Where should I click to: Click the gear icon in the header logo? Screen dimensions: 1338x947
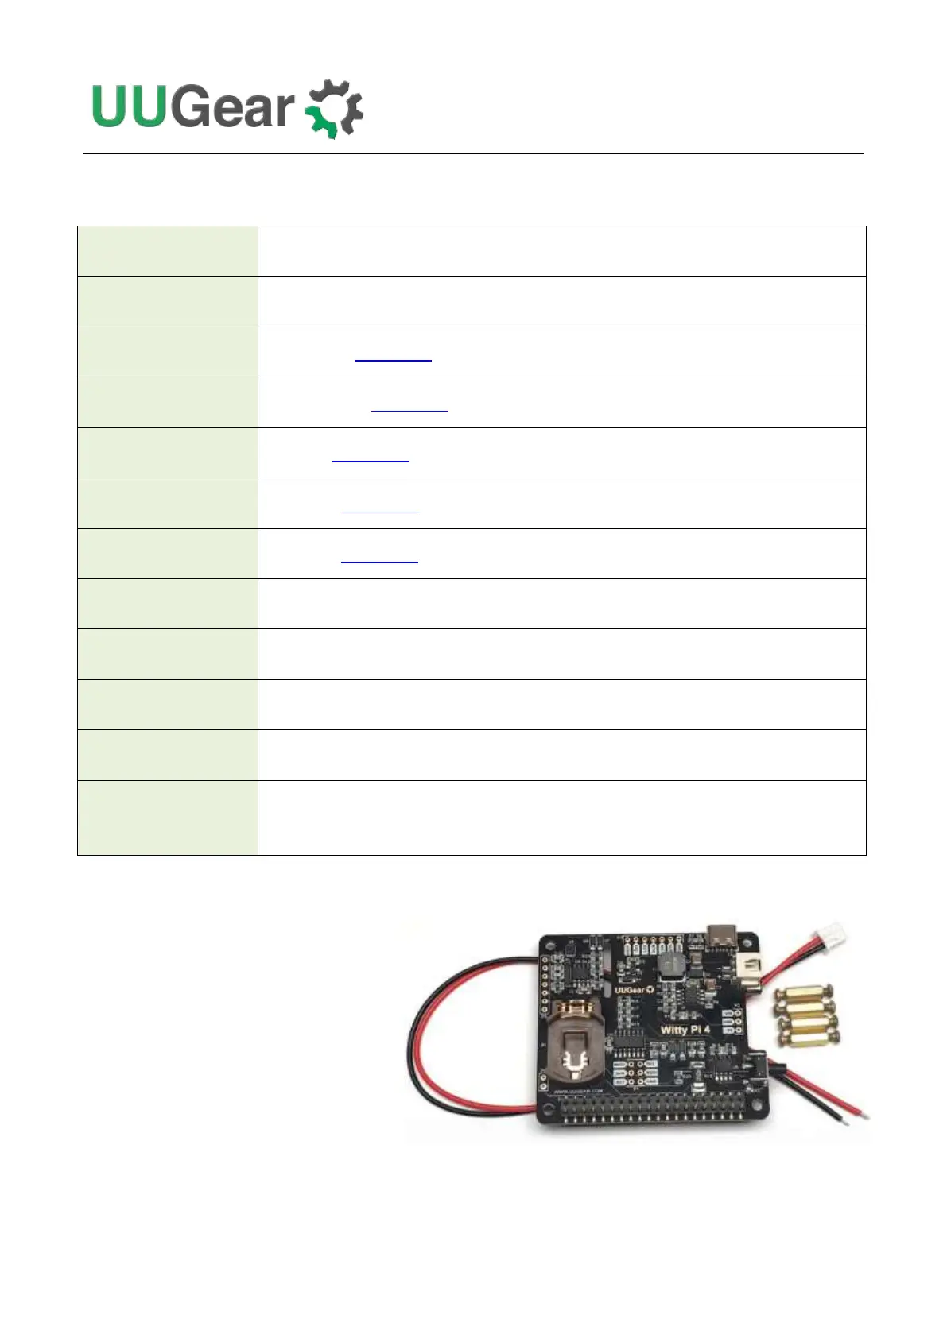click(335, 109)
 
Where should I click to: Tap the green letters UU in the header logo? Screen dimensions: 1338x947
click(130, 106)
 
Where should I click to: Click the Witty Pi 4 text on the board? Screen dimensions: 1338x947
click(685, 1029)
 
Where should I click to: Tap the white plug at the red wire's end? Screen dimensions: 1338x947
click(833, 930)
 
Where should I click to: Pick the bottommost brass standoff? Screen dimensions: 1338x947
click(809, 1035)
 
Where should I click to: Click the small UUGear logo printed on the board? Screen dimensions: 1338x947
click(634, 989)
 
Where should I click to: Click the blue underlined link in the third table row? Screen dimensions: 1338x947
click(393, 357)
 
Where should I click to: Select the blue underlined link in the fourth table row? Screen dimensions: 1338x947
click(409, 407)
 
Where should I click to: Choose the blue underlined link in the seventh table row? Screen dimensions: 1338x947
click(379, 558)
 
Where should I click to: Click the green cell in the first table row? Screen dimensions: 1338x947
click(167, 251)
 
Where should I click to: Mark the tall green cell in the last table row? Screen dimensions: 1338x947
click(167, 818)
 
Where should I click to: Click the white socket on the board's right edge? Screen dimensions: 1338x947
click(749, 968)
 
